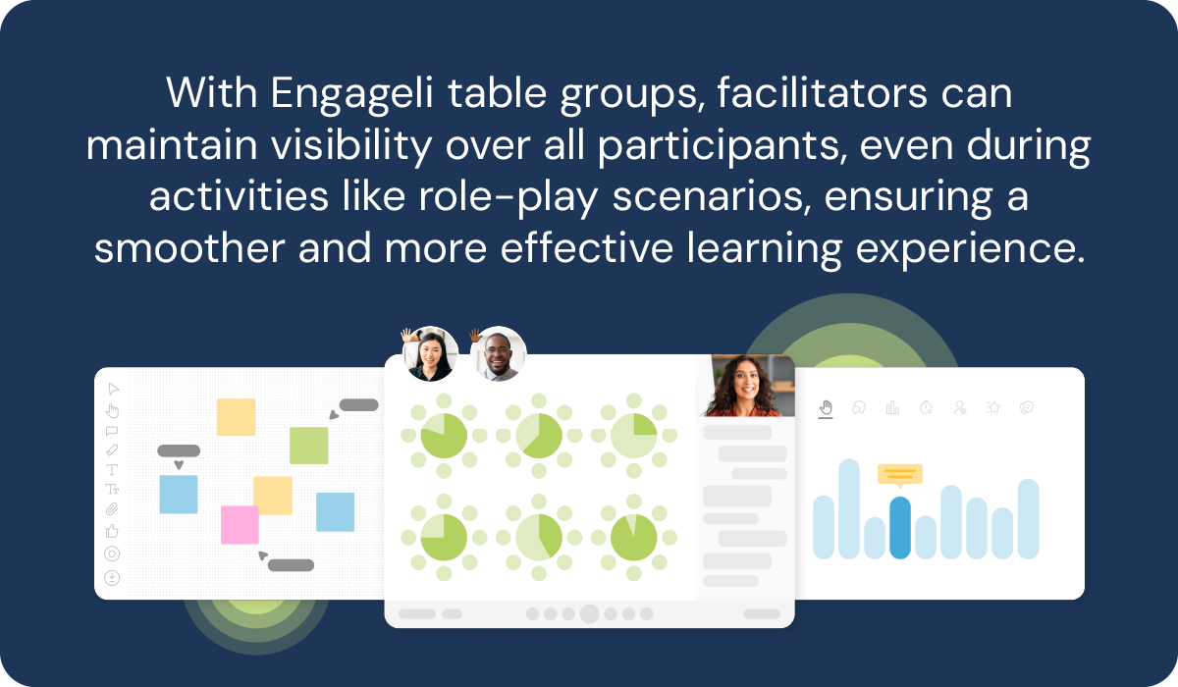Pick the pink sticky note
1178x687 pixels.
(x=240, y=524)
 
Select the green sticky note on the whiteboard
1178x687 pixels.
(x=308, y=446)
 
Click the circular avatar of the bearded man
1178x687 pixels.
(x=499, y=354)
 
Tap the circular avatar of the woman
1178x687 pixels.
(x=431, y=354)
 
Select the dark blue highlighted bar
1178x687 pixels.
(x=899, y=527)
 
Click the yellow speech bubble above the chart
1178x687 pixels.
(x=900, y=475)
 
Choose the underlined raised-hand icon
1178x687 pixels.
(x=826, y=407)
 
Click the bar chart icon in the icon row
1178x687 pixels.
(x=892, y=407)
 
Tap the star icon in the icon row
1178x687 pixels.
(x=993, y=407)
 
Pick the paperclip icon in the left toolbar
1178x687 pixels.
(x=112, y=509)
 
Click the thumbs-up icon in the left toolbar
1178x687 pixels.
(x=112, y=531)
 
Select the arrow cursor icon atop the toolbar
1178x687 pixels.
(x=112, y=389)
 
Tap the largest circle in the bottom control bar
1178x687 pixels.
(x=589, y=614)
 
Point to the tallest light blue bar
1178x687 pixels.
(x=849, y=508)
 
